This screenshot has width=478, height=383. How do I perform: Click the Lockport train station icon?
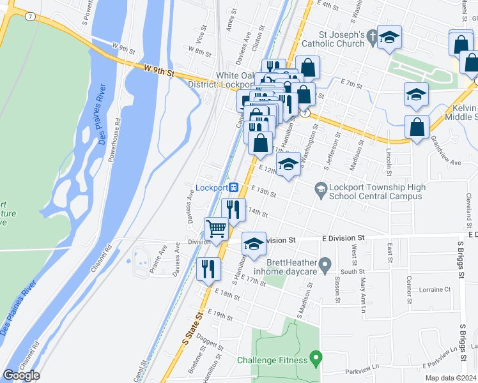click(235, 188)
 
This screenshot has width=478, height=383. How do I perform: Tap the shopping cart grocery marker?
click(217, 229)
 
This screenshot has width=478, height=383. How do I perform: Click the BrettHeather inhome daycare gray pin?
click(325, 264)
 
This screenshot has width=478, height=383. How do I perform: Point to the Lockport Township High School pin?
click(321, 188)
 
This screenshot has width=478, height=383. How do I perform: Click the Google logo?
click(21, 375)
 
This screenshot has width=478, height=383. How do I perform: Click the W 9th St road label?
click(158, 71)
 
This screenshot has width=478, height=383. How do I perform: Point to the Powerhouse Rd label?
click(114, 140)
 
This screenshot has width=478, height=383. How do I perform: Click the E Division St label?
click(343, 238)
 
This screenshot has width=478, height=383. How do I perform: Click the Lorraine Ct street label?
click(435, 289)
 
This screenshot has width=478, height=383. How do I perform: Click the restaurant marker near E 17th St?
click(208, 269)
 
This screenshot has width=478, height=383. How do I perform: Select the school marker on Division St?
click(254, 244)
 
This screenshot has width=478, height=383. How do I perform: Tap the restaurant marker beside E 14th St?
click(233, 209)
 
